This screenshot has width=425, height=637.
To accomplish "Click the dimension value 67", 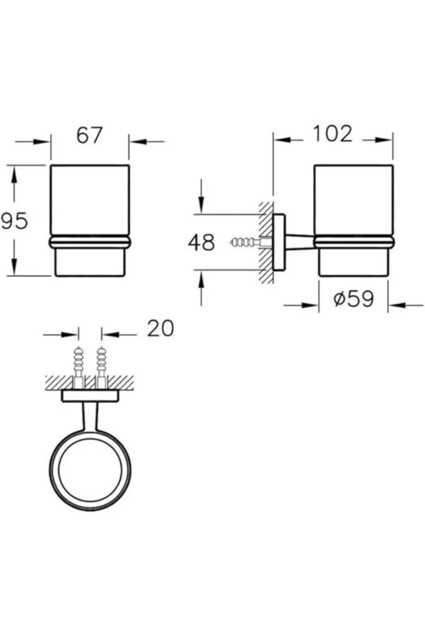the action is [89, 135].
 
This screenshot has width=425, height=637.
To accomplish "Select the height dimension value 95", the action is [14, 221].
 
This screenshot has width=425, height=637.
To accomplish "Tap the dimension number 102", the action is [333, 133].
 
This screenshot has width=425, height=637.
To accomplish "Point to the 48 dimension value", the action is [201, 242].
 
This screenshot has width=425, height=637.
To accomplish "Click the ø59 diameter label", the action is [353, 299].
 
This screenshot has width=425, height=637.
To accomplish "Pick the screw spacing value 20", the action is [161, 328].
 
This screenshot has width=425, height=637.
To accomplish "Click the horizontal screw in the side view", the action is [248, 243].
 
